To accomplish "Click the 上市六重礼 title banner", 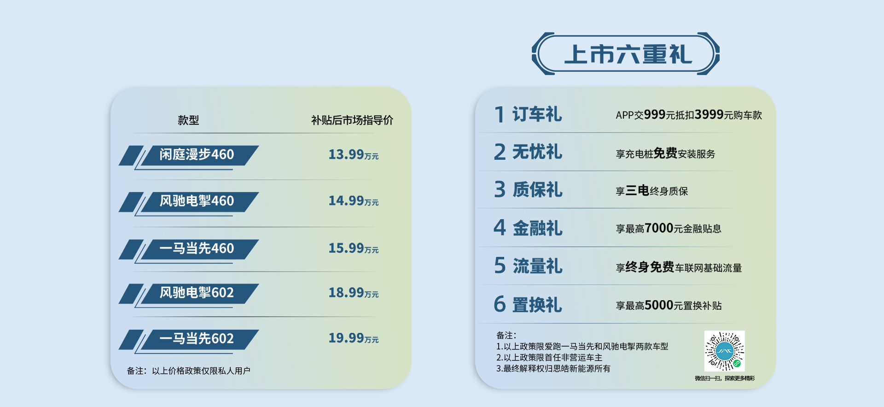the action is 625,54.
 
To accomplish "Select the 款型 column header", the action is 188,120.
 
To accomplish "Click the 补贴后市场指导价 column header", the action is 352,120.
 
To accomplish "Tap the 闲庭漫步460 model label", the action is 197,154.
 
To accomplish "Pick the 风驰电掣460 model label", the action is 197,201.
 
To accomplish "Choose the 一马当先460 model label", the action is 197,248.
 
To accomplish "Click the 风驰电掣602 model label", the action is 197,292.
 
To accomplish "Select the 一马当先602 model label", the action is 197,338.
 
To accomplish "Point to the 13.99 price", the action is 346,154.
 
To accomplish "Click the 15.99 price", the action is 346,248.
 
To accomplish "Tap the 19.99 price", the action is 346,338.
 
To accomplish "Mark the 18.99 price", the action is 346,292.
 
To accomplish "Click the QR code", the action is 725,351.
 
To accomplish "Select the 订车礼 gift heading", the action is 537,114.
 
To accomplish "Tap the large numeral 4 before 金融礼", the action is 500,227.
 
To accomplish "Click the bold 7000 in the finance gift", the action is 659,228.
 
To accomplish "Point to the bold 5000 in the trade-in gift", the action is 659,305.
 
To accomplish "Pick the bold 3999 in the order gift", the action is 709,115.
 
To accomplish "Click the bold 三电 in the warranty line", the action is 637,191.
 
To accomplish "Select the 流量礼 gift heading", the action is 537,266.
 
